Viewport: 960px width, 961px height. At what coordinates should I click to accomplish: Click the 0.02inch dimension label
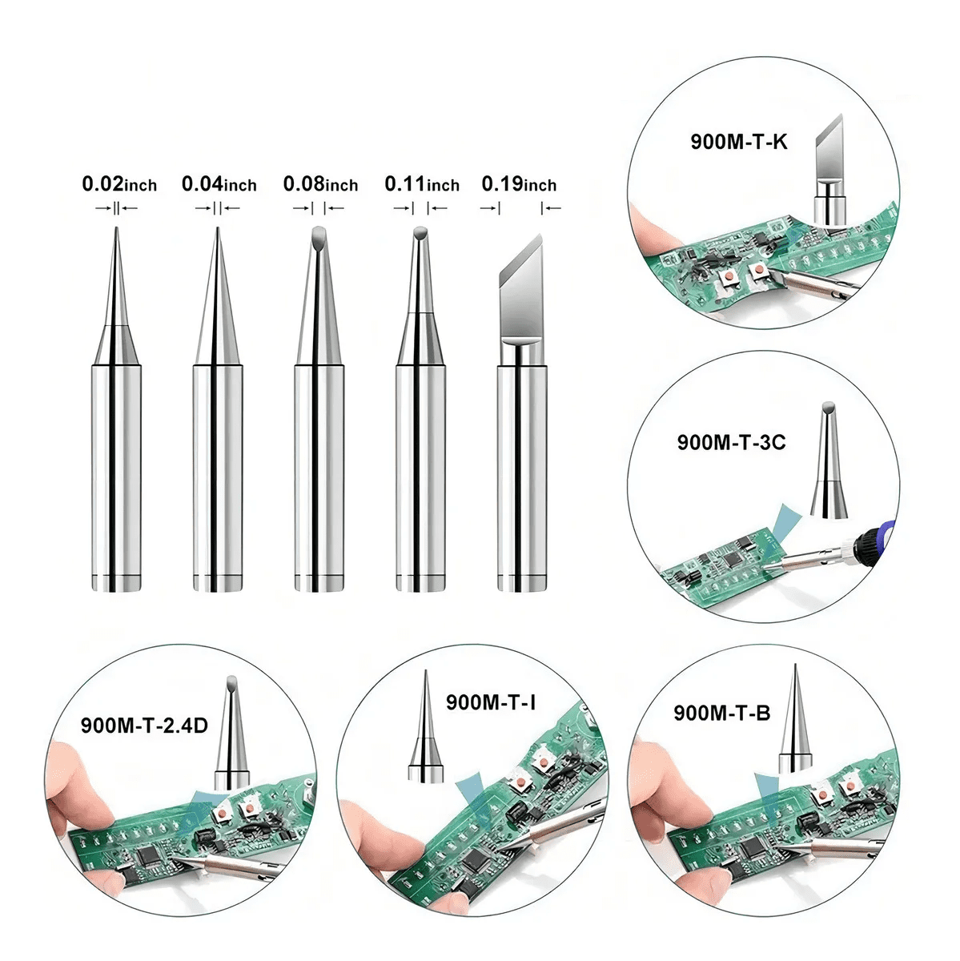pos(119,184)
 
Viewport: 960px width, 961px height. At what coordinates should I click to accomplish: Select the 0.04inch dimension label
pos(219,184)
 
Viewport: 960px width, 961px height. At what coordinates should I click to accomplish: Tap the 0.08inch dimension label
pos(320,184)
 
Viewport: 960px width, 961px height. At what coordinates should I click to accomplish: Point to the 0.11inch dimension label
pos(422,184)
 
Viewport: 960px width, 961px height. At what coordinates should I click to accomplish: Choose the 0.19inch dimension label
pos(519,184)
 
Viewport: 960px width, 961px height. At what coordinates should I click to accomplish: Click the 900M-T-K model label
pos(738,142)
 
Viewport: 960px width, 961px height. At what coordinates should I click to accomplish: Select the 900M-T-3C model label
pos(731,442)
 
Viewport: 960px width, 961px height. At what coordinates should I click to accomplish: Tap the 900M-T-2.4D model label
pos(144,725)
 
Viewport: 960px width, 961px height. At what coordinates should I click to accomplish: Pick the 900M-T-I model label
pos(491,702)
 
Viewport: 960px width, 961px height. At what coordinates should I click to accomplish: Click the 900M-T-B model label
pos(721,714)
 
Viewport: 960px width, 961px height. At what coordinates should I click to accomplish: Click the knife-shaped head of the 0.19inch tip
pos(521,289)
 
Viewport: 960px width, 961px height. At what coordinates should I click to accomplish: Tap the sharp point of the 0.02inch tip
pos(116,228)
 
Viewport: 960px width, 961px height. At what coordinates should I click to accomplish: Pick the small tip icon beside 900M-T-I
pos(426,726)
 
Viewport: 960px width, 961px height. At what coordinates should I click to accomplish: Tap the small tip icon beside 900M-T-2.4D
pos(232,733)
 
